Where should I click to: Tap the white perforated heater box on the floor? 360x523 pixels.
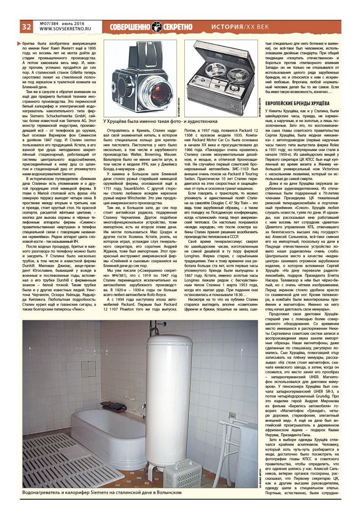tap(182, 474)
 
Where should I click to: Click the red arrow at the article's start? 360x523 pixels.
tap(18, 43)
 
